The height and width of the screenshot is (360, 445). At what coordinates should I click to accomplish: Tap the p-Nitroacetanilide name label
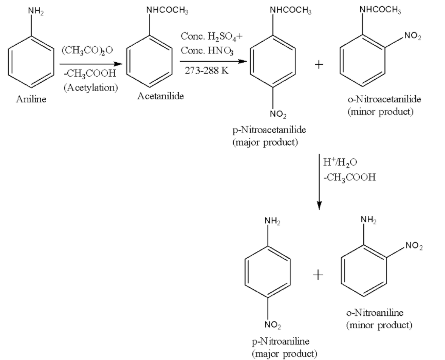[266, 130]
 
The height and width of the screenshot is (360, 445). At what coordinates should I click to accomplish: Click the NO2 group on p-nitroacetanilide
[277, 113]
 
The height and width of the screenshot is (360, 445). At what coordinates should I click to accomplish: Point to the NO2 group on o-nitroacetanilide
[413, 36]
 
